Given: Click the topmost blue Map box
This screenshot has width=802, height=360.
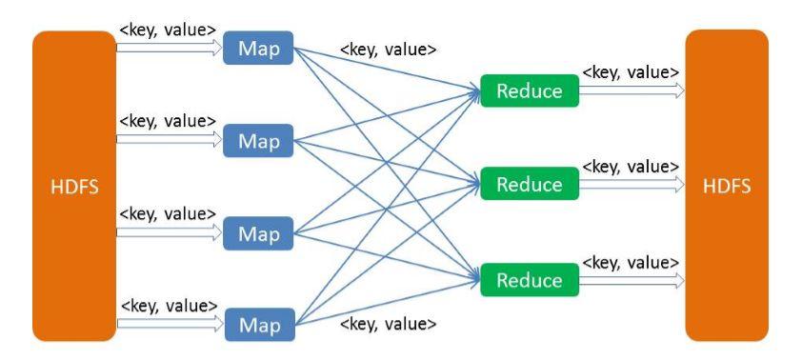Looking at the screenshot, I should click(259, 49).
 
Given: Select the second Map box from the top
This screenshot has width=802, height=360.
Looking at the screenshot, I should click(259, 141).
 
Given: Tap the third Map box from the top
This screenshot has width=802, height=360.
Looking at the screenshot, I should click(259, 232).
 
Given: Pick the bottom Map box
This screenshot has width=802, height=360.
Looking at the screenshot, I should click(259, 325).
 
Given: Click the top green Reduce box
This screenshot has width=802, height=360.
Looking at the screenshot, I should click(529, 90).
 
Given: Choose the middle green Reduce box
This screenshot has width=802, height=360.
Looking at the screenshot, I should click(529, 184).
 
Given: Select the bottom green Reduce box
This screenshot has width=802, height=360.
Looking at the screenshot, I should click(529, 280).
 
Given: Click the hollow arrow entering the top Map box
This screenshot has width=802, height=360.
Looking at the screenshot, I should click(169, 48).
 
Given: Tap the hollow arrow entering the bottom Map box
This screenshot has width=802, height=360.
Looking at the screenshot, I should click(169, 326).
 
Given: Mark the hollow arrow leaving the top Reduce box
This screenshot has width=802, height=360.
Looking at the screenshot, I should click(631, 90).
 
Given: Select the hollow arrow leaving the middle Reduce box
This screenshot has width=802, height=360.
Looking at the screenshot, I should click(631, 184).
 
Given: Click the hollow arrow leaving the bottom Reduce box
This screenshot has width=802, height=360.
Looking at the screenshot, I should click(631, 281).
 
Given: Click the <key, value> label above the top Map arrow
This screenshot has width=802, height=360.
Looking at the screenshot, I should click(169, 29).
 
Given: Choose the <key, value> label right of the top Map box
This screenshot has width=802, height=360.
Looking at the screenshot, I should click(389, 49).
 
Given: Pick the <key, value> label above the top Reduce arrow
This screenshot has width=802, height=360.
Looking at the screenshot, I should click(631, 71).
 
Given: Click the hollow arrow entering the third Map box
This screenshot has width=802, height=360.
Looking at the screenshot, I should click(169, 232).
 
